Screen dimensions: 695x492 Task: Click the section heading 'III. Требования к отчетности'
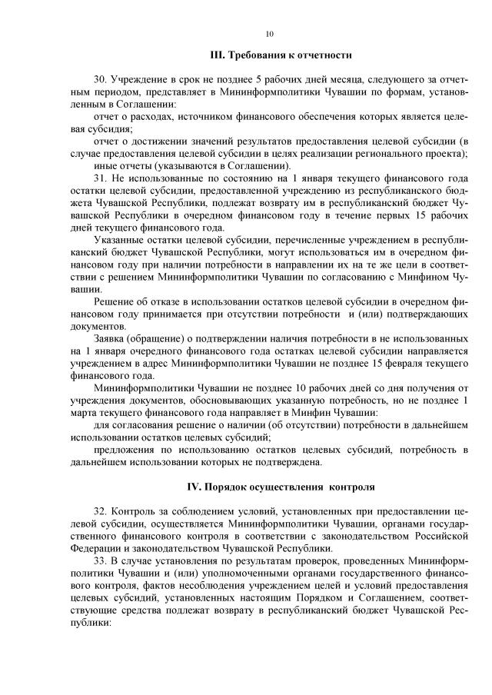pyautogui.click(x=281, y=55)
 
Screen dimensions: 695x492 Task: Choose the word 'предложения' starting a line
pyautogui.click(x=123, y=451)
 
